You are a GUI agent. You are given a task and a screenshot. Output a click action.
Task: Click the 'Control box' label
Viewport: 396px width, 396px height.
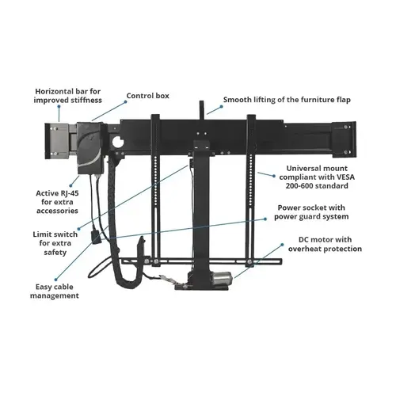[x=147, y=96]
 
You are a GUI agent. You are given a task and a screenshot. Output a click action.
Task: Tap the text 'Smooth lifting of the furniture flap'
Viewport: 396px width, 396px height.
[x=287, y=100]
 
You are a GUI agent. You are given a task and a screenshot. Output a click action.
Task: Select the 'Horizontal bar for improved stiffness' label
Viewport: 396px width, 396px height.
[x=68, y=96]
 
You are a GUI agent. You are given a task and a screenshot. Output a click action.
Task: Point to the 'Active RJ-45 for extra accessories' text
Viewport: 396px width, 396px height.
[x=57, y=202]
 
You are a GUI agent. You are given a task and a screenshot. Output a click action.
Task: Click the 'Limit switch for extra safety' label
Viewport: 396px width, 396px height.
[x=55, y=243]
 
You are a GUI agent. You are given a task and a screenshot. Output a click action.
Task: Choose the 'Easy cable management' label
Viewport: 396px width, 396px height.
[x=55, y=291]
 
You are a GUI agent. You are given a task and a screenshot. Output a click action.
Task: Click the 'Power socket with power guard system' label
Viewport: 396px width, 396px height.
[x=311, y=212]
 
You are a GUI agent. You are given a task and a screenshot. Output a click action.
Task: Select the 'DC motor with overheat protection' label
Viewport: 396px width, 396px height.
[x=325, y=244]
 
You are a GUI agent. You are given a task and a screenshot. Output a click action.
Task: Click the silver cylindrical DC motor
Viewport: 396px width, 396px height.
[x=223, y=279]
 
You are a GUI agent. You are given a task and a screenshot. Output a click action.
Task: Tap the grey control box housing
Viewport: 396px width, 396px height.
[x=90, y=148]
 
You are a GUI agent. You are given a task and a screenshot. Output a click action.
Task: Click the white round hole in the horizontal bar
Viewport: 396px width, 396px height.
[x=118, y=143]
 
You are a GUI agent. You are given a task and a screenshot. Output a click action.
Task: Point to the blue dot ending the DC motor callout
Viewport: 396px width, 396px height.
[x=282, y=245]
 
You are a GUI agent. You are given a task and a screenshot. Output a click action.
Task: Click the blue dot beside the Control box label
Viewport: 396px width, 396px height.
[x=126, y=101]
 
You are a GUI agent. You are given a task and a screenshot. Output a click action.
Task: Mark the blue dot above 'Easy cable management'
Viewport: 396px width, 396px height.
[x=55, y=280]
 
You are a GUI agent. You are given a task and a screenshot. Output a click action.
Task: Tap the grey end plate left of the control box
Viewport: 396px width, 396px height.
[x=57, y=141]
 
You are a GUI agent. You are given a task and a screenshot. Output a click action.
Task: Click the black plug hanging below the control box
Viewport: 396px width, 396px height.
[x=95, y=237]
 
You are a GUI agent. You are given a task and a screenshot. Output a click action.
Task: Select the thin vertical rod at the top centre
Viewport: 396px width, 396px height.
[x=202, y=110]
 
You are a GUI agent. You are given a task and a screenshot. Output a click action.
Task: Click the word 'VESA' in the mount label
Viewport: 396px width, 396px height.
[x=345, y=177]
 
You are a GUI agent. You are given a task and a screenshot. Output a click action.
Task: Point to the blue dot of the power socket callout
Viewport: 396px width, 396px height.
[x=265, y=219]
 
